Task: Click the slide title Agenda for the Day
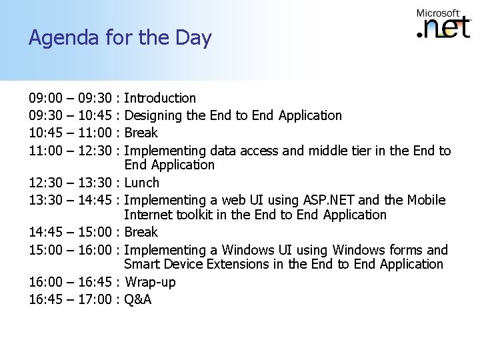[x=120, y=38]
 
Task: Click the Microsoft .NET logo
[x=443, y=26]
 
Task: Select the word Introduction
[x=160, y=99]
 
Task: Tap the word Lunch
[x=142, y=183]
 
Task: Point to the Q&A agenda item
[x=138, y=299]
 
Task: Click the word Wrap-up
[x=151, y=283]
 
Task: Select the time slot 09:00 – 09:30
[x=71, y=99]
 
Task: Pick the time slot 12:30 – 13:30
[x=71, y=183]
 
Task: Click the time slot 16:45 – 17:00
[x=71, y=299]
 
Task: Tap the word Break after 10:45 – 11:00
[x=141, y=132]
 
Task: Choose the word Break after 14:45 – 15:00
[x=141, y=232]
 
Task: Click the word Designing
[x=154, y=115]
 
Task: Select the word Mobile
[x=428, y=200]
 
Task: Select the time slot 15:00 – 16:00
[x=71, y=250]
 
